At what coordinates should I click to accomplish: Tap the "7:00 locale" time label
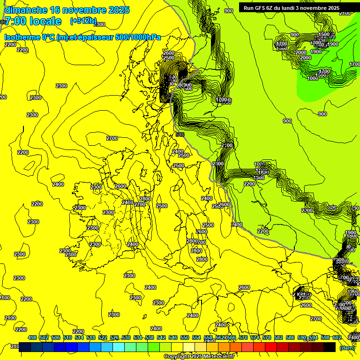tap(33, 21)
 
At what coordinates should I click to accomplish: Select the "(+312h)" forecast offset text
tap(83, 21)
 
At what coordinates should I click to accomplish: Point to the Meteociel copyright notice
tap(199, 357)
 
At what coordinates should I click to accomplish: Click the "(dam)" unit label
tap(347, 348)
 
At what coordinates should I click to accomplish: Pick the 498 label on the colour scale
tap(32, 337)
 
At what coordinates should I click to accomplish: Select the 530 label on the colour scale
tap(126, 337)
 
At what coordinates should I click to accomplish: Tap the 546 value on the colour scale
tap(173, 337)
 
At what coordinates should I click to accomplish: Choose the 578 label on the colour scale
tap(267, 337)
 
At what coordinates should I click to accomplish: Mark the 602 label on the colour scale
tap(337, 337)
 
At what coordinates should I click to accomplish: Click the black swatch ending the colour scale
tap(330, 347)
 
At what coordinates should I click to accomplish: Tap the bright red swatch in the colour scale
tap(271, 347)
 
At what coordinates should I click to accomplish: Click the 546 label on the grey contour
tap(180, 135)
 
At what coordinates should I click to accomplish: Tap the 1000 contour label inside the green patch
tap(313, 78)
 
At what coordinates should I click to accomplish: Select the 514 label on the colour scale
tap(79, 337)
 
